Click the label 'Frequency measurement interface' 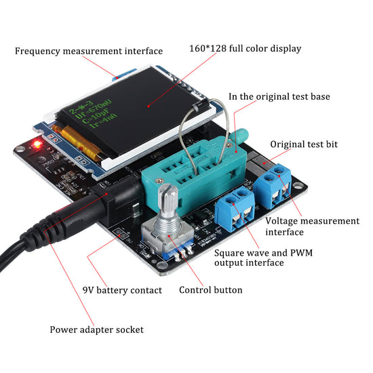[88, 51]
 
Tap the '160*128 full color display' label [245, 49]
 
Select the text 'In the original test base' [279, 96]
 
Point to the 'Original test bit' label [303, 144]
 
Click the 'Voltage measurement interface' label [312, 227]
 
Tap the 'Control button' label [210, 290]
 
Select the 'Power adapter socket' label [96, 330]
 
